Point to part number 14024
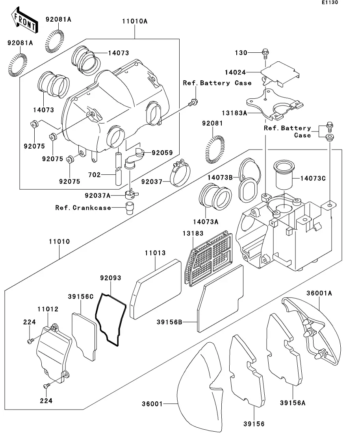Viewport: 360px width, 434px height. click(236, 72)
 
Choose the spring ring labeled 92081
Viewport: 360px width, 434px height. click(215, 149)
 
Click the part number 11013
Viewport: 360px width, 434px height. click(155, 253)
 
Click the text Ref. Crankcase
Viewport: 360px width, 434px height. click(83, 208)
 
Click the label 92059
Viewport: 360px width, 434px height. click(162, 153)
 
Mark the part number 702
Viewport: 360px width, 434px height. click(94, 175)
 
